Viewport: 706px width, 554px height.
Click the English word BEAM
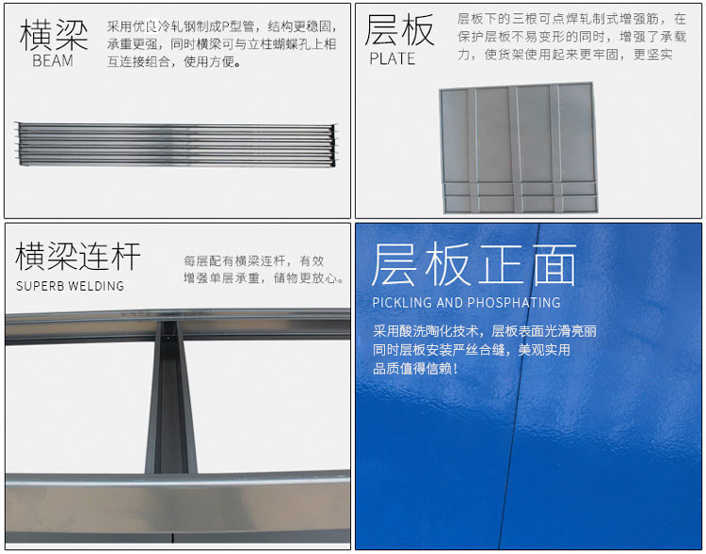53,60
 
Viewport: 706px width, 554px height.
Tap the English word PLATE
393,59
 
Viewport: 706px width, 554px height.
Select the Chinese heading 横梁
54,35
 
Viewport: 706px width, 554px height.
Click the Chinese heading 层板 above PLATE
399,30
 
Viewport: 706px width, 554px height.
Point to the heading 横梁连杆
78,256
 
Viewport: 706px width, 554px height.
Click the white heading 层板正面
474,264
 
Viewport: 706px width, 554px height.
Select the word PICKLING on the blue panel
402,303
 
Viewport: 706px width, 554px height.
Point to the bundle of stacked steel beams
177,144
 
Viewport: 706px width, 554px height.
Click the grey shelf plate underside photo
519,148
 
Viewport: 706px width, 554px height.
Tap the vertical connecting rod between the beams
171,397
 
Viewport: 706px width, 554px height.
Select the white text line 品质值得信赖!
415,369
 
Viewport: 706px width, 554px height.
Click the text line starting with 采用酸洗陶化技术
485,331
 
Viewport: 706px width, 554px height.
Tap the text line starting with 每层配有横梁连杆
253,261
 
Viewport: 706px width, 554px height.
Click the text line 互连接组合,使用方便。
174,61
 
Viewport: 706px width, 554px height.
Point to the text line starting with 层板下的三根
571,19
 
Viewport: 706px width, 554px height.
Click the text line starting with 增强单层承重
264,278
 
